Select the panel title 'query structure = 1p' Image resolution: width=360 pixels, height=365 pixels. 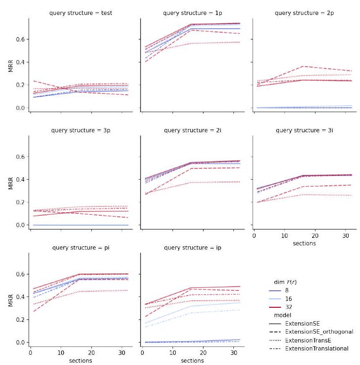[x=192, y=13]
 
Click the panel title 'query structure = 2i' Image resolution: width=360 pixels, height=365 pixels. [x=192, y=130]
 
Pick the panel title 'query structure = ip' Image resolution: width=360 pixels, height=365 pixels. [x=192, y=247]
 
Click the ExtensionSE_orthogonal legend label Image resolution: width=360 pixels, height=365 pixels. [x=319, y=332]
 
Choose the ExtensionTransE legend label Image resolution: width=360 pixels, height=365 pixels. [x=311, y=340]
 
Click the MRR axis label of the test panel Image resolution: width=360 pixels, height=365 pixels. [x=10, y=66]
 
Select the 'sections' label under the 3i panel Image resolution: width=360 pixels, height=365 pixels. [x=304, y=243]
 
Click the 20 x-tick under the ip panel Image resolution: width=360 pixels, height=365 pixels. [x=203, y=352]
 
